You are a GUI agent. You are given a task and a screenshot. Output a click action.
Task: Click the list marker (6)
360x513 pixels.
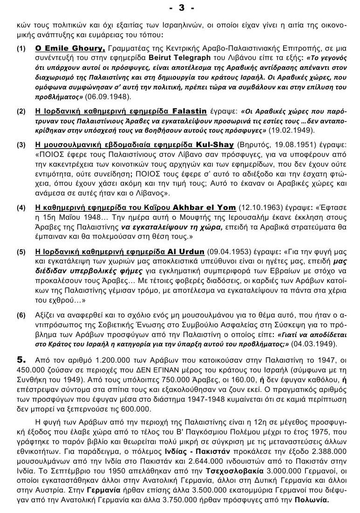(21, 315)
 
